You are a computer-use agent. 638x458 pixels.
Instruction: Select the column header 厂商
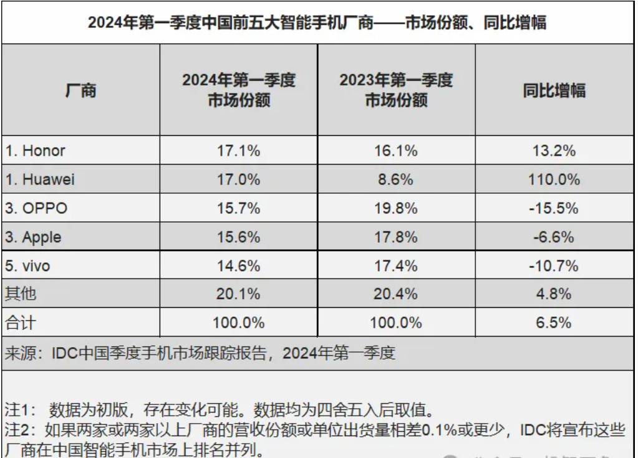pyautogui.click(x=80, y=90)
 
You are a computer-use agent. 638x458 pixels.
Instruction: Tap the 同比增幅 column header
pyautogui.click(x=554, y=90)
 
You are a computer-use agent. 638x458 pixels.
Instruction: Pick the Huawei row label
pyautogui.click(x=40, y=179)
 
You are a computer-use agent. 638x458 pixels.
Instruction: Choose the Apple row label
pyautogui.click(x=34, y=237)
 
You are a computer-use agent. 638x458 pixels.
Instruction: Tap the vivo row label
pyautogui.click(x=27, y=266)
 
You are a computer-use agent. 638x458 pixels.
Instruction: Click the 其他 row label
pyautogui.click(x=17, y=293)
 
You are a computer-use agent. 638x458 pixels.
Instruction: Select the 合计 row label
pyautogui.click(x=17, y=322)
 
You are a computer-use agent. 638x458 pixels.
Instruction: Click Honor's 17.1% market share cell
pyautogui.click(x=238, y=151)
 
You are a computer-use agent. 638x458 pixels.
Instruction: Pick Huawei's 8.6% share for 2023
pyautogui.click(x=396, y=179)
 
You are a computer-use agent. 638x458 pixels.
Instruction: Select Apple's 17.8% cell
pyautogui.click(x=396, y=237)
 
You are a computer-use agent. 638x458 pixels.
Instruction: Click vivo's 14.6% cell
pyautogui.click(x=238, y=266)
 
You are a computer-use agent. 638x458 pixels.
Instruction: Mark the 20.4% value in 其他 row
pyautogui.click(x=396, y=293)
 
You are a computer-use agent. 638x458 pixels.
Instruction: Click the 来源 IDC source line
pyautogui.click(x=200, y=353)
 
